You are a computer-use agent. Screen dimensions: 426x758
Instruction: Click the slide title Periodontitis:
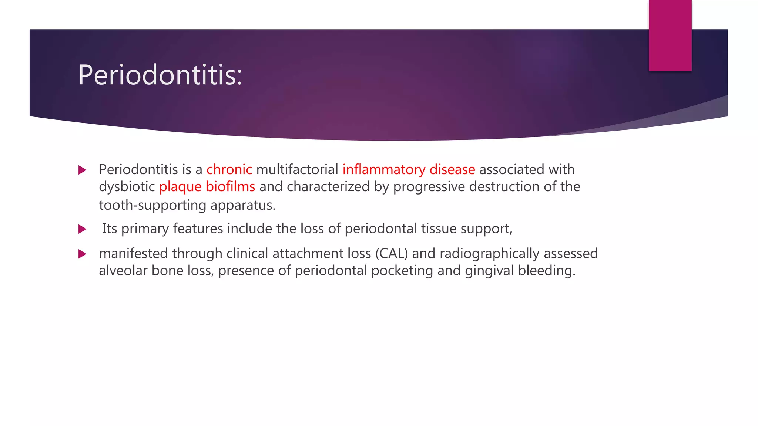pos(160,75)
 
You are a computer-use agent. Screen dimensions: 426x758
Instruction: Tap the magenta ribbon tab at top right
pos(670,35)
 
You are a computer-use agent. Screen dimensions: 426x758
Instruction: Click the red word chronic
pos(229,170)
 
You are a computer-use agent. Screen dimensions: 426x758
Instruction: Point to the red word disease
pos(452,170)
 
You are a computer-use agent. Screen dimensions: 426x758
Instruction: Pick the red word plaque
pos(180,187)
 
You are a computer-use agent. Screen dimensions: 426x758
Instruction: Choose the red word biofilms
pos(230,187)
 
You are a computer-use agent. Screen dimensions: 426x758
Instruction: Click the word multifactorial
pos(297,170)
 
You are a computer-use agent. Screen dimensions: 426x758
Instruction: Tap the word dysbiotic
pos(127,187)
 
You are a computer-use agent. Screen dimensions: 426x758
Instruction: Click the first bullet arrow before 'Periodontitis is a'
pos(83,170)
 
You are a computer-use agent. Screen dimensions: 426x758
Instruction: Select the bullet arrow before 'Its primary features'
pos(83,229)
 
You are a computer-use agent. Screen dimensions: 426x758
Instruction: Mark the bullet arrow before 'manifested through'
pos(83,254)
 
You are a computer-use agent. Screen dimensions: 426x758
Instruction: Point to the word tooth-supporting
pos(152,205)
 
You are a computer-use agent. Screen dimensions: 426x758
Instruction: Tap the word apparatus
pos(243,205)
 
